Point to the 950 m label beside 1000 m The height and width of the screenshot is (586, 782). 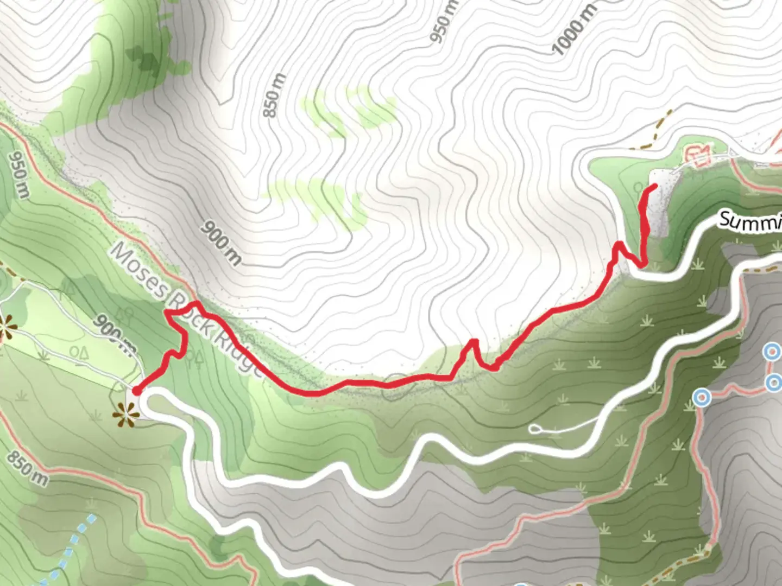(x=444, y=22)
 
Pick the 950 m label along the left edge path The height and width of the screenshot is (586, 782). (x=18, y=174)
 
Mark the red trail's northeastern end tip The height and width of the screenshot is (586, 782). (x=655, y=187)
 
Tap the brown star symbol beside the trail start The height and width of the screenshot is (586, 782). (x=126, y=415)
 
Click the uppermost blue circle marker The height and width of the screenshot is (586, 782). (x=771, y=352)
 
